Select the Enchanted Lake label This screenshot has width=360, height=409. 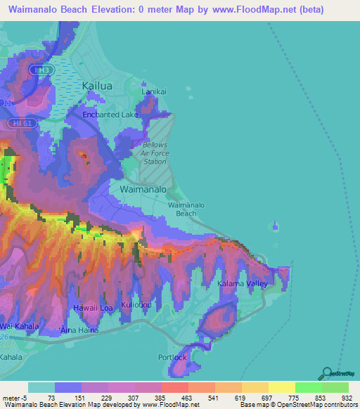pos(110,114)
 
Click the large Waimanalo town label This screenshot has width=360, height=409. pos(143,190)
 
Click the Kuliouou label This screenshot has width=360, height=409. pos(136,305)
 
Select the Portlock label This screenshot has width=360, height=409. pos(173,357)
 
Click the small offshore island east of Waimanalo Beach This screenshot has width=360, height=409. pos(275,226)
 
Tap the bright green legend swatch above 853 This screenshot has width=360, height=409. pos(308,387)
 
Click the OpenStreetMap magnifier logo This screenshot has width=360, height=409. pos(326,374)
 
